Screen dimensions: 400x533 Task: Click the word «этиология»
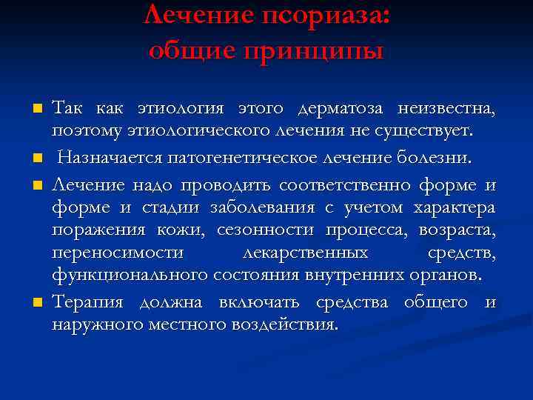tap(181, 109)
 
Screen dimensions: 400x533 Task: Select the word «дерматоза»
tap(341, 109)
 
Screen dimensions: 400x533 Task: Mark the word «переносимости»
tap(118, 253)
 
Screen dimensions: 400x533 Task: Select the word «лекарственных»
tap(306, 253)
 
